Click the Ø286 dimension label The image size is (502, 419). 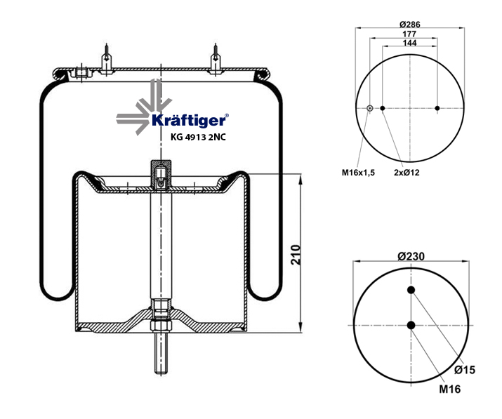click(409, 25)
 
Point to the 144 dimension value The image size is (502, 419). click(409, 43)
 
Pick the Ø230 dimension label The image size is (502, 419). click(411, 256)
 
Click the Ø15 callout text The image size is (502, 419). click(465, 370)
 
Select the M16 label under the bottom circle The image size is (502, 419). click(450, 390)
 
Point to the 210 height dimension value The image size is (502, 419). click(296, 254)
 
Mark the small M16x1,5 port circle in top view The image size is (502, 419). click(370, 108)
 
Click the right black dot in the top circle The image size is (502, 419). click(437, 108)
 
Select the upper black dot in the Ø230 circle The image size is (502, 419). click(411, 291)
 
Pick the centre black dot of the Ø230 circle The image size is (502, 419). click(411, 324)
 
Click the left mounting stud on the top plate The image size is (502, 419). click(107, 59)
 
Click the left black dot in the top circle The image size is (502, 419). click(383, 108)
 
